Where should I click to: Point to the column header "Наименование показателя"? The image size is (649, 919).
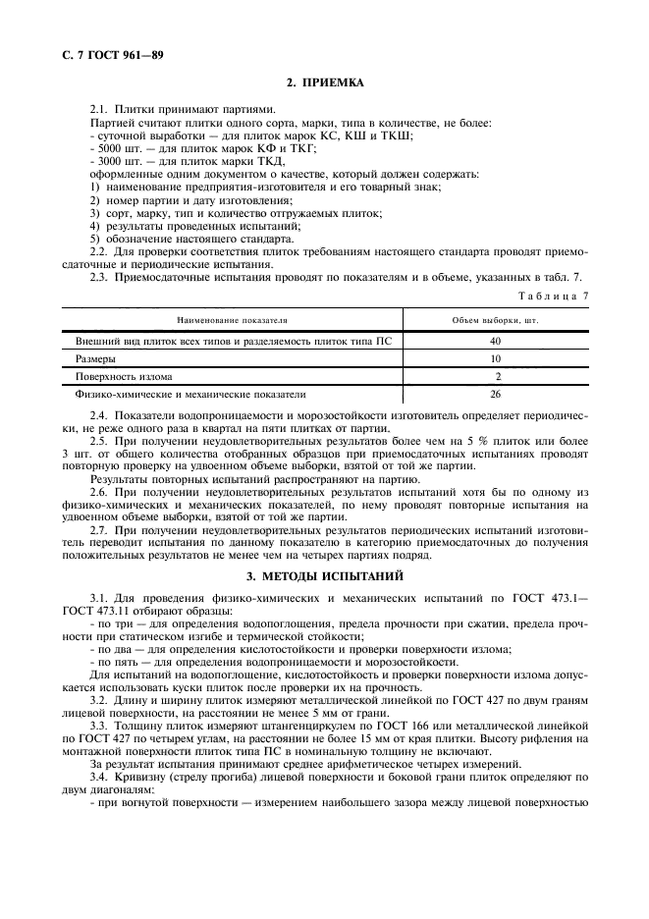pos(231,320)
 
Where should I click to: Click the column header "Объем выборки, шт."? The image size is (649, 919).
pos(495,320)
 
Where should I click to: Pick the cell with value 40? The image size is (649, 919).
pos(495,340)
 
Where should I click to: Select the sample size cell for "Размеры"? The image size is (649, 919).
pos(495,358)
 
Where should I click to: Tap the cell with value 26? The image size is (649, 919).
pos(495,395)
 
